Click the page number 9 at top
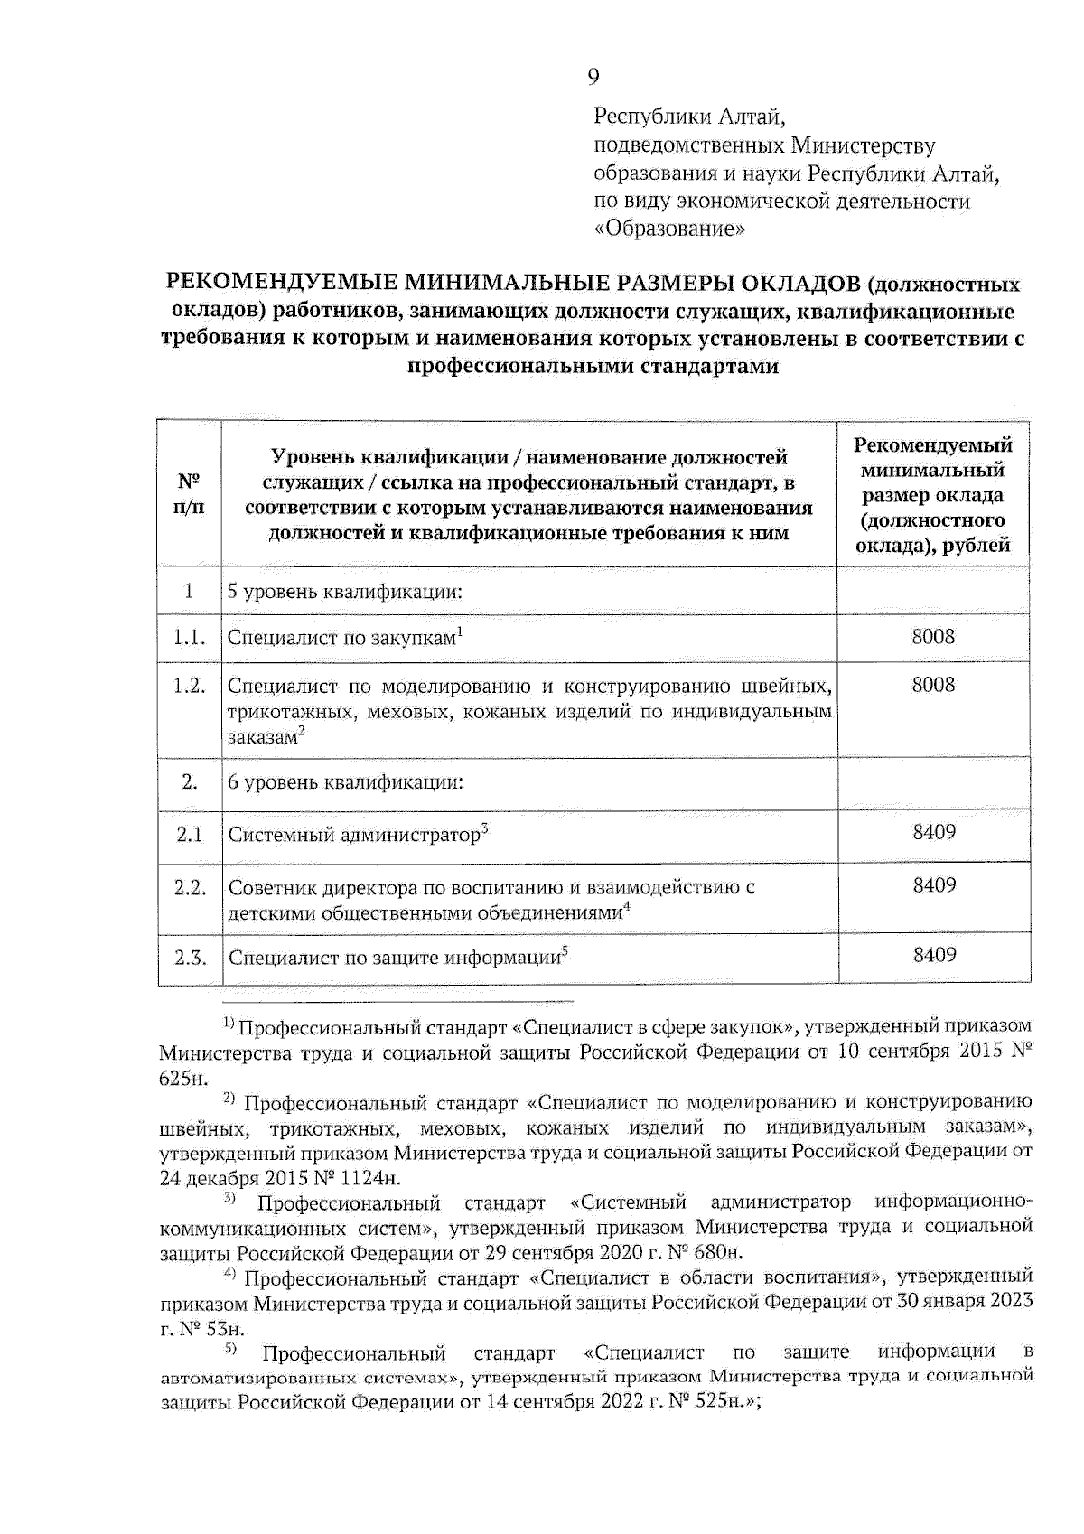click(x=593, y=77)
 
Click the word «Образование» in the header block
click(x=669, y=229)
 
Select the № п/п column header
click(x=188, y=493)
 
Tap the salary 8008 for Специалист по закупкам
click(x=933, y=637)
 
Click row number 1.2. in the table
click(x=189, y=686)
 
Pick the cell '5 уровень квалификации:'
click(x=345, y=592)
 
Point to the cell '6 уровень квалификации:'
click(x=345, y=782)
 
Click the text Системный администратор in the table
click(x=353, y=835)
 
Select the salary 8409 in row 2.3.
click(x=934, y=955)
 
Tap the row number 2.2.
click(x=190, y=887)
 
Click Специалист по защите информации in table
click(x=394, y=958)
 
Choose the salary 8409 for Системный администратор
click(x=934, y=832)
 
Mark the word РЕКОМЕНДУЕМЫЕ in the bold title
click(x=277, y=285)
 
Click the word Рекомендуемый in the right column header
click(x=933, y=445)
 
